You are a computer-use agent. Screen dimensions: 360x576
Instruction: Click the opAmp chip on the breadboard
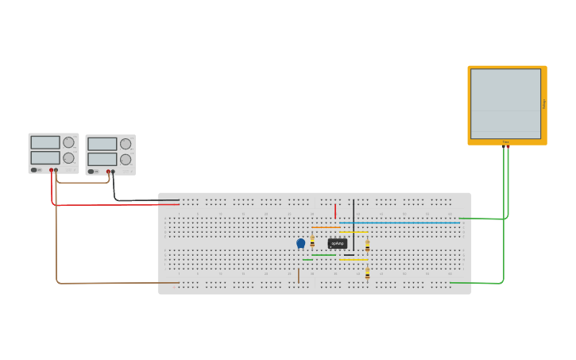(x=338, y=243)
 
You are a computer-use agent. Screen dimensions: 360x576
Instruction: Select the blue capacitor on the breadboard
(x=301, y=243)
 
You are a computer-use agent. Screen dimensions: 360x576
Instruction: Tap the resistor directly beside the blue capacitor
(x=312, y=242)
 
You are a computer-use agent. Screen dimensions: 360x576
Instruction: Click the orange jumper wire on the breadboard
(x=326, y=227)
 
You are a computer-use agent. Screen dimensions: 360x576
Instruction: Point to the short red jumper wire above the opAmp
(x=335, y=211)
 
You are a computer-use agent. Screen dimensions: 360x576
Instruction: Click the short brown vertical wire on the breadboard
(x=299, y=275)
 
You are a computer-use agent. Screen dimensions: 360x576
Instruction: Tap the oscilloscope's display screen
(x=505, y=103)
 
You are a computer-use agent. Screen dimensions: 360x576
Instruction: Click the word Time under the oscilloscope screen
(x=505, y=142)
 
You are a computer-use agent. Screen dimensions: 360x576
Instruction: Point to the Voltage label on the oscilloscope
(x=544, y=103)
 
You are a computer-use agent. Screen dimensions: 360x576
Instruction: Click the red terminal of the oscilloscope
(x=508, y=146)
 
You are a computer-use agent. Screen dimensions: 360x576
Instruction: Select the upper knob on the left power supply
(x=68, y=142)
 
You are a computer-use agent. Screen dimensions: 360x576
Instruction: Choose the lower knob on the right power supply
(x=126, y=160)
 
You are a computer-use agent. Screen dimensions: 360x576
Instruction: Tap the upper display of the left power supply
(x=45, y=142)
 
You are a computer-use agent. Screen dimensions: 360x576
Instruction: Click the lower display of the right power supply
(x=102, y=159)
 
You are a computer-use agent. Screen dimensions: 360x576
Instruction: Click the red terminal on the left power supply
(x=52, y=170)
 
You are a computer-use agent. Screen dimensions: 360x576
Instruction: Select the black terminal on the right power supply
(x=113, y=172)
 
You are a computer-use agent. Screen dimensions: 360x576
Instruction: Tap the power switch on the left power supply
(x=35, y=170)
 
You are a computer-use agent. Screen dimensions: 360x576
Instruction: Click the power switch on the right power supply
(x=92, y=172)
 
